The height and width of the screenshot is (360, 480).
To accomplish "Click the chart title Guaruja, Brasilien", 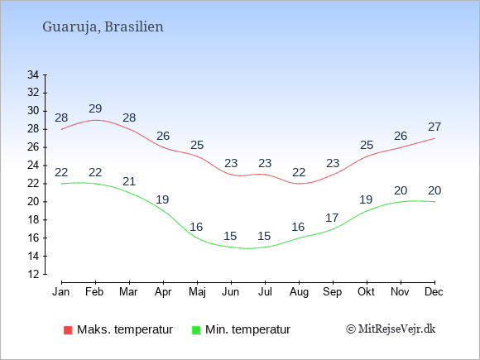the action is click(103, 27).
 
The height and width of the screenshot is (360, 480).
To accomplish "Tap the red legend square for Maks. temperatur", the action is click(68, 330).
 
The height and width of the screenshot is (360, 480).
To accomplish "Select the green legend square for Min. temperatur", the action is click(196, 330).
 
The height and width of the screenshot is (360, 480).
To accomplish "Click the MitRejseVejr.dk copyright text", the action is click(391, 329).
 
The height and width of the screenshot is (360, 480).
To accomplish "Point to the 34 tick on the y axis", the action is click(33, 74).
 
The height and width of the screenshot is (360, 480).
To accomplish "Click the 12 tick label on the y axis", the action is click(33, 274).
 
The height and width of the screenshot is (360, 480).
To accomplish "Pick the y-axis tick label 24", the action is click(33, 166).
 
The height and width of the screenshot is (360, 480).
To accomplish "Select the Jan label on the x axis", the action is click(61, 292).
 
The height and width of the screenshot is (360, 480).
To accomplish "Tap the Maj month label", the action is click(197, 292).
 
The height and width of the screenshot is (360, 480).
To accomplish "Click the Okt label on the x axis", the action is click(366, 292).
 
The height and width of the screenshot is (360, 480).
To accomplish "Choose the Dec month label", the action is click(434, 292).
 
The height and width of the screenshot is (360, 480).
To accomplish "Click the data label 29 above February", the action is click(95, 108).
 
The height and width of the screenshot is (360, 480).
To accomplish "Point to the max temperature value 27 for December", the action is click(434, 127).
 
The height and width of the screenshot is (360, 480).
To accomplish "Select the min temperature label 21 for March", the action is click(129, 181).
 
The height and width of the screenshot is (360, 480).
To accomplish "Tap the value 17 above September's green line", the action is click(332, 218).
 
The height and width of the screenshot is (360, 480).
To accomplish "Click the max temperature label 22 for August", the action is click(299, 172).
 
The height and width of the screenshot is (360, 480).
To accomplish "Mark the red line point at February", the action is click(95, 120).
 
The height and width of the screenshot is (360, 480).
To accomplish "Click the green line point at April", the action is click(163, 210).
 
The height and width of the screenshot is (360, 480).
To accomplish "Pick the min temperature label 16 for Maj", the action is click(196, 227).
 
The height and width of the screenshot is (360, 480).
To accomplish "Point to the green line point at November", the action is click(401, 202).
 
